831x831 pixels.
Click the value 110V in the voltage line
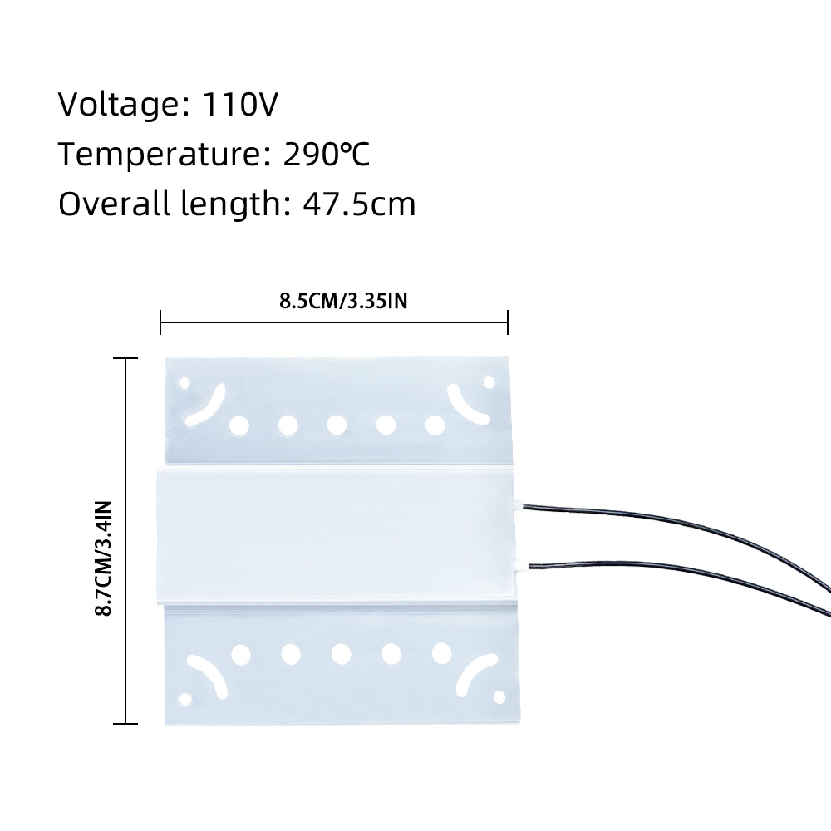(x=239, y=104)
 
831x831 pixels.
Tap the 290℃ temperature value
(x=327, y=155)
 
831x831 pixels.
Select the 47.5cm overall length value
(x=359, y=204)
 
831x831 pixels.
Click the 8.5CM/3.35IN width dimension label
(x=343, y=301)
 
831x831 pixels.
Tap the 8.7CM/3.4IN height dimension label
(x=103, y=558)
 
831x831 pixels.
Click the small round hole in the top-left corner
(x=184, y=382)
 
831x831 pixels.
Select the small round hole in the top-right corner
(x=489, y=382)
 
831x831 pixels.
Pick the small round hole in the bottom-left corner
(x=185, y=699)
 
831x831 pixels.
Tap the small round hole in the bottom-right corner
(x=499, y=697)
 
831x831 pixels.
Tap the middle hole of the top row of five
(x=337, y=425)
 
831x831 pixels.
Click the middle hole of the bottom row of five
(x=342, y=653)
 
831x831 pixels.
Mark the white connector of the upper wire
(x=517, y=505)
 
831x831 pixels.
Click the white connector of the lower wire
(x=520, y=566)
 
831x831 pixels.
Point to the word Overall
(x=115, y=204)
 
